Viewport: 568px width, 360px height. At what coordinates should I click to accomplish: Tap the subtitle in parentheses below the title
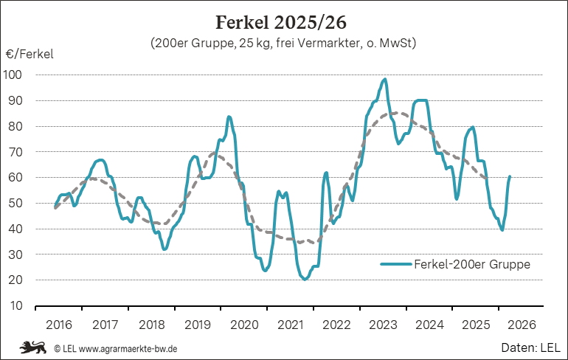(x=283, y=44)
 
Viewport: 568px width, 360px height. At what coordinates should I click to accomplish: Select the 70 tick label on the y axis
(x=15, y=152)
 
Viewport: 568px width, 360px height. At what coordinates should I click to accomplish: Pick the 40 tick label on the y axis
(x=15, y=229)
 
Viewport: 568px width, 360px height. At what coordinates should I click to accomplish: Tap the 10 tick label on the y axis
(x=15, y=305)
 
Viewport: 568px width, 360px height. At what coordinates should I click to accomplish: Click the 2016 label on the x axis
(x=59, y=324)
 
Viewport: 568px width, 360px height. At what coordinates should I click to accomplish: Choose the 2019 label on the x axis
(x=198, y=324)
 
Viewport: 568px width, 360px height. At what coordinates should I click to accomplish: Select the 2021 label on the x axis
(x=290, y=324)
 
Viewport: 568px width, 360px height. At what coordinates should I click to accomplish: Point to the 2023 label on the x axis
(x=382, y=324)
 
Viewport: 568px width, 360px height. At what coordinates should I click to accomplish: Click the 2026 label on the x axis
(x=521, y=324)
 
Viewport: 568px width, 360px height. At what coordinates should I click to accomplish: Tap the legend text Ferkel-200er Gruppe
(x=472, y=264)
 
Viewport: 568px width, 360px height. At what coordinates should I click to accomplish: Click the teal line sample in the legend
(x=396, y=264)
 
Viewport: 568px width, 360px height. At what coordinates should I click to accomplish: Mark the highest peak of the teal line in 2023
(x=385, y=79)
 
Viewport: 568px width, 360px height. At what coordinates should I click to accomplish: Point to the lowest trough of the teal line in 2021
(x=304, y=280)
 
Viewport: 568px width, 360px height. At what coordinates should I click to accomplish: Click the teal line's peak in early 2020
(x=229, y=117)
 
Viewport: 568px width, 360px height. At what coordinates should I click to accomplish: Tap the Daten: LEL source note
(x=531, y=346)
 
